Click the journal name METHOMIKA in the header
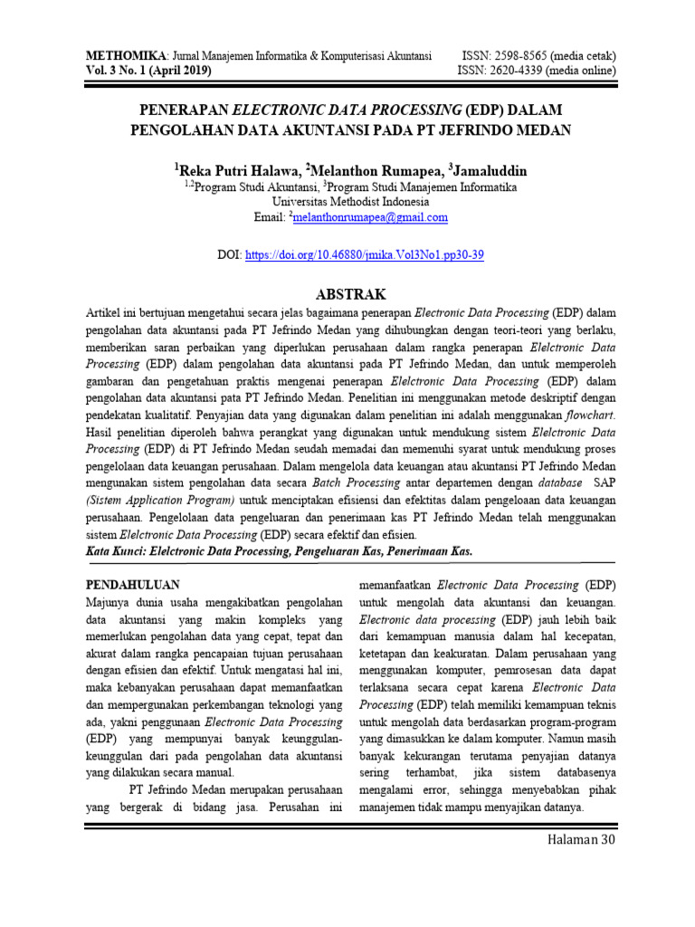118,55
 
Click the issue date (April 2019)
175,70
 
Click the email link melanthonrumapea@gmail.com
370,217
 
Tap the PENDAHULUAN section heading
133,585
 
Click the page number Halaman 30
581,841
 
